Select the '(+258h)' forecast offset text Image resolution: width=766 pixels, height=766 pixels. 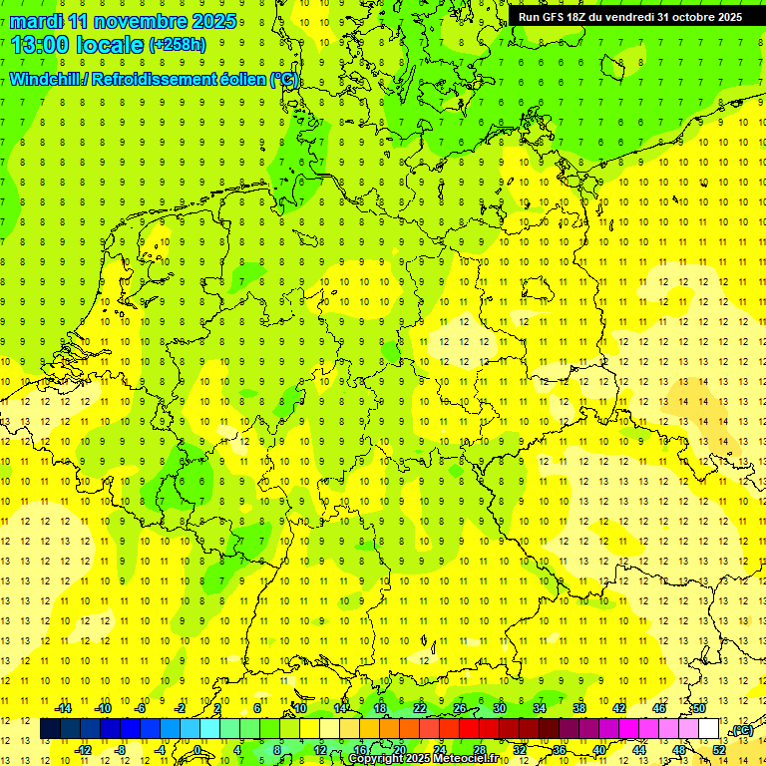click(178, 45)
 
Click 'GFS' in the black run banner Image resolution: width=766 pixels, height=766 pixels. click(559, 17)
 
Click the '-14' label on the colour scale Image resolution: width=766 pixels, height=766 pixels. click(63, 708)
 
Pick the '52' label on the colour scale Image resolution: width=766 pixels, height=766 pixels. click(719, 750)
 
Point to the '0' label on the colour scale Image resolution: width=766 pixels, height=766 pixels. click(197, 750)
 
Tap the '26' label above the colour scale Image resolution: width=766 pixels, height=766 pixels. click(460, 708)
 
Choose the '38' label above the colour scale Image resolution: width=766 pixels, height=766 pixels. click(578, 708)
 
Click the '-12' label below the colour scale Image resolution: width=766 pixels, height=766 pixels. click(83, 750)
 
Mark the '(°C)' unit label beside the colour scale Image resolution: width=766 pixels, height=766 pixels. click(741, 730)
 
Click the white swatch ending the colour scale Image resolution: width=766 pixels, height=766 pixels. click(709, 729)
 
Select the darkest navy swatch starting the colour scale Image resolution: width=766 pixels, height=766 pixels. click(50, 729)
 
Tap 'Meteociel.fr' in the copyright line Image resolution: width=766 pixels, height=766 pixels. click(464, 759)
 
